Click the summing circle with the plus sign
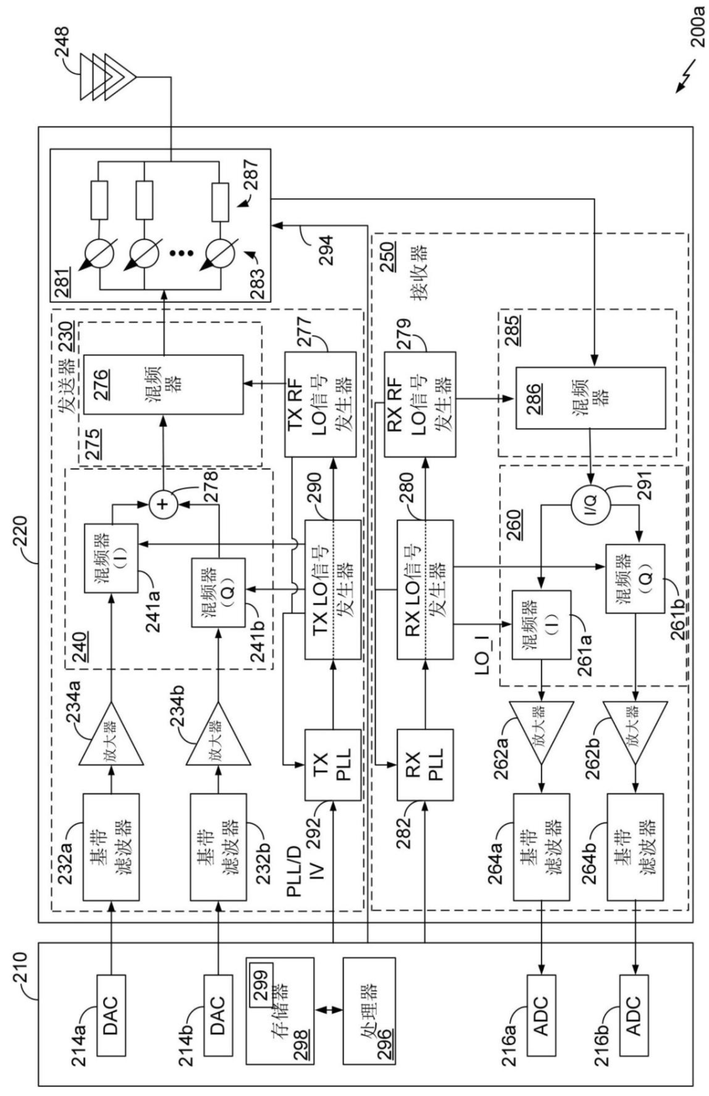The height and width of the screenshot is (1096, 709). click(x=163, y=504)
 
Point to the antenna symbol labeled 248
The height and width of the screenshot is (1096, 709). click(x=108, y=77)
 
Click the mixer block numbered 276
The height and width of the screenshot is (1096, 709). click(x=163, y=385)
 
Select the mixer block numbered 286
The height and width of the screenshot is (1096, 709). click(x=591, y=399)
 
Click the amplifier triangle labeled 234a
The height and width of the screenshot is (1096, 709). click(x=112, y=733)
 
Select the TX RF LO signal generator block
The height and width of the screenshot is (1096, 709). click(x=320, y=404)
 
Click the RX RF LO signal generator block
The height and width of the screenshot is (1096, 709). click(x=420, y=404)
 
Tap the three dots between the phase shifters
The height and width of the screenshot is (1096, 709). click(x=182, y=253)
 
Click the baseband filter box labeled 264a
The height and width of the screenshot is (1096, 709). click(x=541, y=861)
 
